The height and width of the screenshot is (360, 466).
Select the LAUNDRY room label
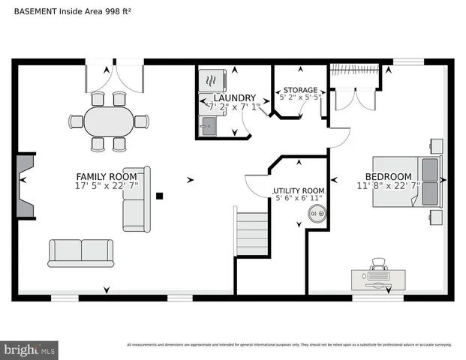[x=234, y=98]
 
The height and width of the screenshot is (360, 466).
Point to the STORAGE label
[x=299, y=90]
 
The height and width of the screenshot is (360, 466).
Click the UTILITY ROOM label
[x=299, y=191]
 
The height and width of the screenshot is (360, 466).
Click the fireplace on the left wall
[x=26, y=185]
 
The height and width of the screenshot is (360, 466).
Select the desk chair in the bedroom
[x=380, y=263]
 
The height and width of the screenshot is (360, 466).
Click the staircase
[x=251, y=234]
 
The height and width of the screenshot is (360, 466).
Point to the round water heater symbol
[x=315, y=215]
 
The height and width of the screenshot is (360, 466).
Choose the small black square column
[x=159, y=196]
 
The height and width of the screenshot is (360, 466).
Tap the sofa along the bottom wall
[x=80, y=253]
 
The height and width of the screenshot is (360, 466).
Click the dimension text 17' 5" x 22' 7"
[x=106, y=186]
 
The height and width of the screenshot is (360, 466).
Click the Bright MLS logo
[x=29, y=349]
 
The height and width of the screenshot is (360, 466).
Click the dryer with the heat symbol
[x=209, y=80]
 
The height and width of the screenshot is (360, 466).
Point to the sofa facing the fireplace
[x=137, y=199]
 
